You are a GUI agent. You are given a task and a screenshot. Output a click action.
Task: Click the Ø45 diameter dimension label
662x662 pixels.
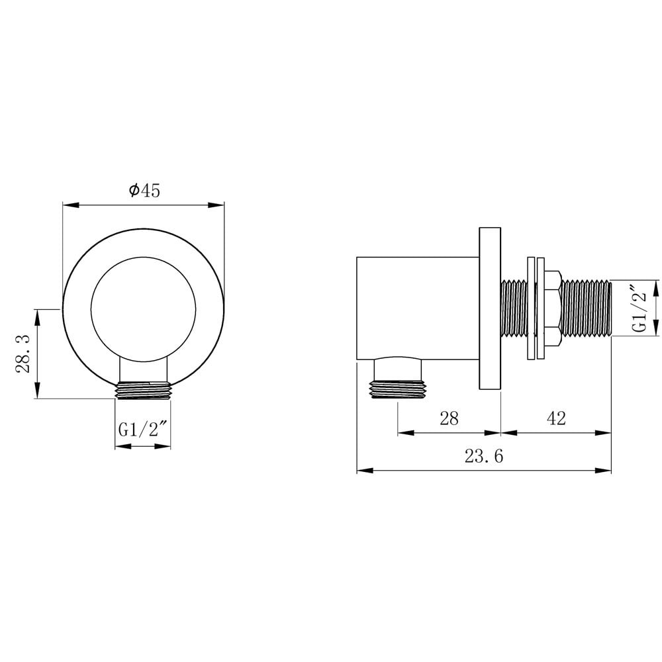(x=144, y=191)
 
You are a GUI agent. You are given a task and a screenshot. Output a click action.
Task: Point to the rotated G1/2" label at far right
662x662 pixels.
(x=639, y=308)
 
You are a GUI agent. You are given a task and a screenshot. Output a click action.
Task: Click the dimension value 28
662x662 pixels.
(x=449, y=418)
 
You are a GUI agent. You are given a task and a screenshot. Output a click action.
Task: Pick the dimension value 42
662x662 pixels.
(x=556, y=418)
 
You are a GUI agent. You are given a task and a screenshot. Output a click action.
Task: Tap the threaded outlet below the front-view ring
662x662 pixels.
(x=143, y=391)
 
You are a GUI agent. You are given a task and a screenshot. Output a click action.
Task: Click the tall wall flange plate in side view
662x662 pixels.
(x=489, y=308)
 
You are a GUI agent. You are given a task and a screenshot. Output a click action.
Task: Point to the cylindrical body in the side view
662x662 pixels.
(x=417, y=308)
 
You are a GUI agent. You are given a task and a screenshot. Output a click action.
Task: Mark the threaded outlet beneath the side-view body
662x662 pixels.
(x=397, y=389)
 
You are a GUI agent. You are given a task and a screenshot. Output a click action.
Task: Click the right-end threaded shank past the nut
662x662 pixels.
(x=586, y=308)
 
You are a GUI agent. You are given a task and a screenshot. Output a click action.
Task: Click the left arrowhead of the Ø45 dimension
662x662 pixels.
(x=67, y=205)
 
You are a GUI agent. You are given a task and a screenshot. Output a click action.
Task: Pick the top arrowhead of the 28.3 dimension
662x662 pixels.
(x=37, y=313)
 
